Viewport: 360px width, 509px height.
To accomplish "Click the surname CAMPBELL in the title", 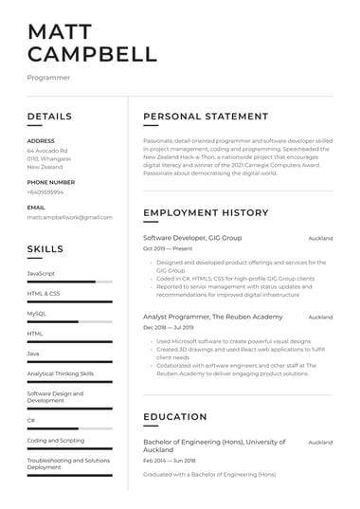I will point(92,54).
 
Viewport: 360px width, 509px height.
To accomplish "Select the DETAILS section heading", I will point(49,117).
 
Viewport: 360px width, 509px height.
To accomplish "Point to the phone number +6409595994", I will point(45,191).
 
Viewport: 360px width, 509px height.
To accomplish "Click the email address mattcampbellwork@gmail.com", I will point(70,217).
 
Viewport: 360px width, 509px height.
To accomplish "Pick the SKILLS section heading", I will point(45,249).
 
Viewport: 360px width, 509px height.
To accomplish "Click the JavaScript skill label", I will point(41,273).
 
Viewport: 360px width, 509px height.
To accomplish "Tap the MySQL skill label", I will point(37,313).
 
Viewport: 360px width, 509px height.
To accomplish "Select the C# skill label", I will point(31,419).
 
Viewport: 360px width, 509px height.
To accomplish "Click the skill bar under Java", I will point(70,362).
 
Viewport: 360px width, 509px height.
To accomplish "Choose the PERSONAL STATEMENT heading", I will point(206,117).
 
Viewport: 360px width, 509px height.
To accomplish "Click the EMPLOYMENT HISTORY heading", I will point(206,212).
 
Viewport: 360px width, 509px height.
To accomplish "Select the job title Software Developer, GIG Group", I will point(192,237).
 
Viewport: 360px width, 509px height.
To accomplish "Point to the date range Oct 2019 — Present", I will point(168,249).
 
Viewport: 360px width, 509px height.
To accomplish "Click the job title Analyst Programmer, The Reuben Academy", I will point(212,317).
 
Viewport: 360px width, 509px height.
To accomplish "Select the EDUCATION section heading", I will point(174,417).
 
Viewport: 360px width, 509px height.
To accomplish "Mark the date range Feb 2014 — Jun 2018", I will point(169,460).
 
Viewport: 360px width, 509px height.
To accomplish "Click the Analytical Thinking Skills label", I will point(61,373).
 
